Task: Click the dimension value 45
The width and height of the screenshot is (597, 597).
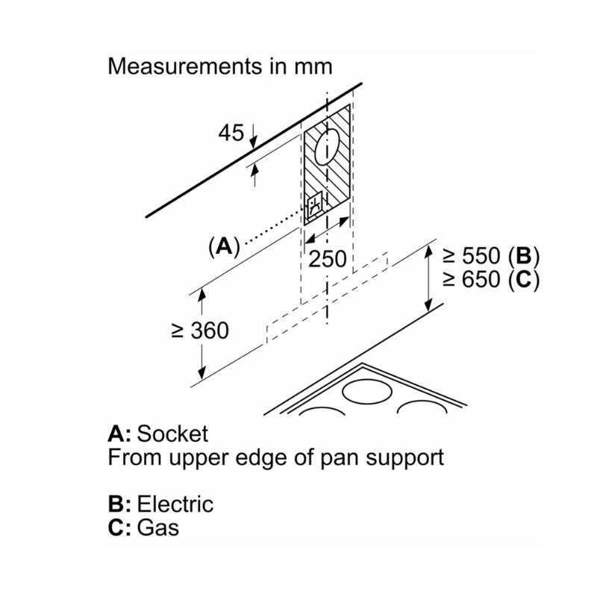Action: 231,134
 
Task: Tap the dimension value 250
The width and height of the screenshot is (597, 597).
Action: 328,260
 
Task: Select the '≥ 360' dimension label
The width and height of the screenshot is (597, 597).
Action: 199,331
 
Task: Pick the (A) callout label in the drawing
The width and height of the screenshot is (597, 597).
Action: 222,246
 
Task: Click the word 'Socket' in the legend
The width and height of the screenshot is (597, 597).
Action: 174,434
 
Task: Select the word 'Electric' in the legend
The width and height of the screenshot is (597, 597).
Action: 176,504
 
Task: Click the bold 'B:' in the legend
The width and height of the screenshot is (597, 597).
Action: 120,504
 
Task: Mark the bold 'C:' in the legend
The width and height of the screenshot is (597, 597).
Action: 120,528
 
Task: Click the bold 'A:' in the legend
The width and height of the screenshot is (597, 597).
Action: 120,434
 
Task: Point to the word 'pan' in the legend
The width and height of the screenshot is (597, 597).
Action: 332,457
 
